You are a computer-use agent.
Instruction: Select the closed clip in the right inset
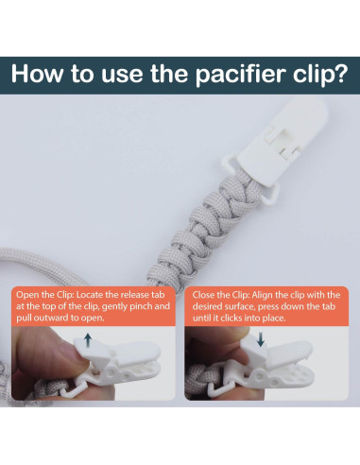point(283,378)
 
